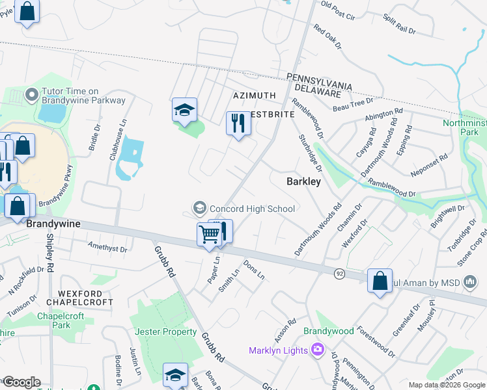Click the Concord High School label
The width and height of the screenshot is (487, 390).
[252, 209]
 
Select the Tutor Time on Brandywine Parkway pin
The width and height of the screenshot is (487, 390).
[31, 96]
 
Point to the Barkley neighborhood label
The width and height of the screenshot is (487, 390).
[303, 182]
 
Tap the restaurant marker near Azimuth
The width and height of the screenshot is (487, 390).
[237, 123]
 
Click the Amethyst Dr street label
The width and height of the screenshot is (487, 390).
[107, 248]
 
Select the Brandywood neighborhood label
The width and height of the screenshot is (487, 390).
[329, 331]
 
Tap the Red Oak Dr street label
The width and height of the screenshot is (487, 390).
[327, 36]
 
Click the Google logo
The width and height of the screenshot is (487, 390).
[21, 382]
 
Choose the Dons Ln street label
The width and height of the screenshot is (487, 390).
[254, 270]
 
